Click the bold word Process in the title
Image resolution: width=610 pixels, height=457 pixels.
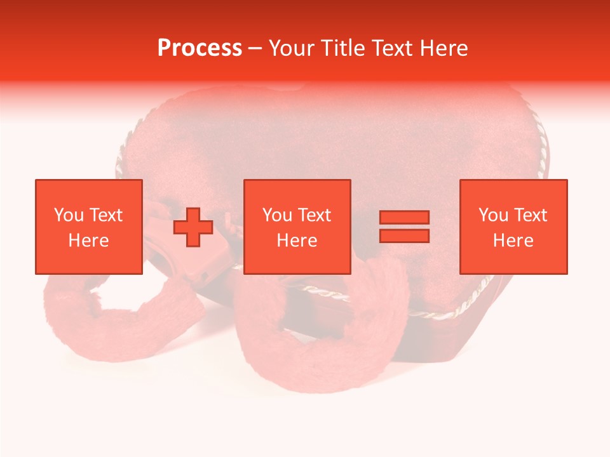pyautogui.click(x=200, y=48)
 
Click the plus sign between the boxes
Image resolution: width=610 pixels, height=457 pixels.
pyautogui.click(x=193, y=227)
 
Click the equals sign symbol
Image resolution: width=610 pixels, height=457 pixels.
pyautogui.click(x=404, y=227)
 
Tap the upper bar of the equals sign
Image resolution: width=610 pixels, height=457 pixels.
pyautogui.click(x=404, y=218)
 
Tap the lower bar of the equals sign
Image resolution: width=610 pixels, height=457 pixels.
pyautogui.click(x=404, y=235)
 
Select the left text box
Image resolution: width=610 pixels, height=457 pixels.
pyautogui.click(x=89, y=227)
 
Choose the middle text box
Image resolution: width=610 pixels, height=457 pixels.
pyautogui.click(x=297, y=227)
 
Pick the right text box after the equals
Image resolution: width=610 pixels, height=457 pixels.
pyautogui.click(x=513, y=227)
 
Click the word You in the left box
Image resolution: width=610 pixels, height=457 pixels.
pyautogui.click(x=69, y=215)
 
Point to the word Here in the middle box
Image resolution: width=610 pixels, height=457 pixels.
pyautogui.click(x=297, y=241)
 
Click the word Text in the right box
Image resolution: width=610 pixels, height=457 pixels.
pyautogui.click(x=530, y=215)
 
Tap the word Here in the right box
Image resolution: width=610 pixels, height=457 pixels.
pyautogui.click(x=513, y=241)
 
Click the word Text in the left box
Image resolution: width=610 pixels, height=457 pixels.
pyautogui.click(x=105, y=215)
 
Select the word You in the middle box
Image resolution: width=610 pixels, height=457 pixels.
pyautogui.click(x=277, y=215)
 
